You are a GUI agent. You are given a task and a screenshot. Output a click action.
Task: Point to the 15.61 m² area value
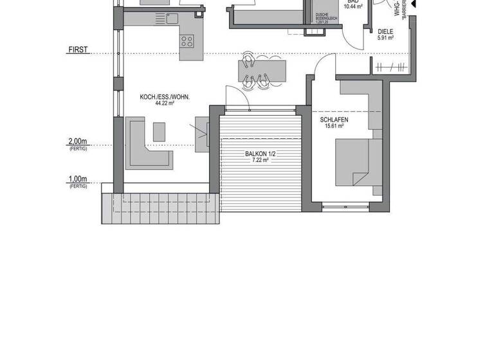(x=334, y=126)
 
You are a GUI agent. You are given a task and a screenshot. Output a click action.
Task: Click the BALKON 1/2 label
(x=260, y=154)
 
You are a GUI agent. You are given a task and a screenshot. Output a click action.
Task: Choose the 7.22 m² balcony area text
(x=260, y=160)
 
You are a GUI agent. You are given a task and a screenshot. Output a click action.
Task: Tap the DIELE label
(x=385, y=31)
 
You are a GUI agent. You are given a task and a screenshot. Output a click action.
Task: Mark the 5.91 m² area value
(x=385, y=37)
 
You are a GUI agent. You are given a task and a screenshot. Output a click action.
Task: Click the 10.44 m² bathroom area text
(x=352, y=6)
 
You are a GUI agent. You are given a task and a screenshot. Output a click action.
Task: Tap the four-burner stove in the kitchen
(x=188, y=42)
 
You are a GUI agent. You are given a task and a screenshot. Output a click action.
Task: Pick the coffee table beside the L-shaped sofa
(x=158, y=130)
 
